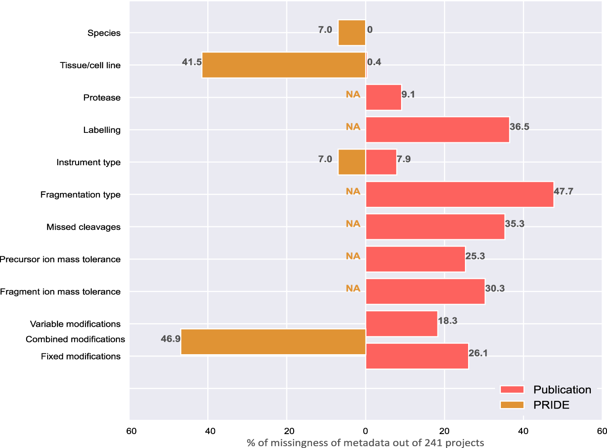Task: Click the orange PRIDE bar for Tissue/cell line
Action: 284,65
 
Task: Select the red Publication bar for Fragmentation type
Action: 460,194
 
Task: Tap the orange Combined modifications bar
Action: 273,342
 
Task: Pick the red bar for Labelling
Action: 437,130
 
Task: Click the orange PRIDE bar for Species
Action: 352,33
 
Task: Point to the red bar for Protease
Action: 384,97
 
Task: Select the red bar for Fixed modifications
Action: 417,356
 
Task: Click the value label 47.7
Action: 563,191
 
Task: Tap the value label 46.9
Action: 170,339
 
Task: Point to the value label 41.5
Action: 192,62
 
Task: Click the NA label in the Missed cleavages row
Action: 353,224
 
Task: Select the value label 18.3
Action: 447,321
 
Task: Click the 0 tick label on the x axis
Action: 366,431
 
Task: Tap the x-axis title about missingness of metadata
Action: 365,443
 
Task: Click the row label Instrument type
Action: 89,163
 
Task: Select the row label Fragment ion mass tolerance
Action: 60,292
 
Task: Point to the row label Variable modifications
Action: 75,324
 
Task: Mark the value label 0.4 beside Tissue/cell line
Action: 374,62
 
